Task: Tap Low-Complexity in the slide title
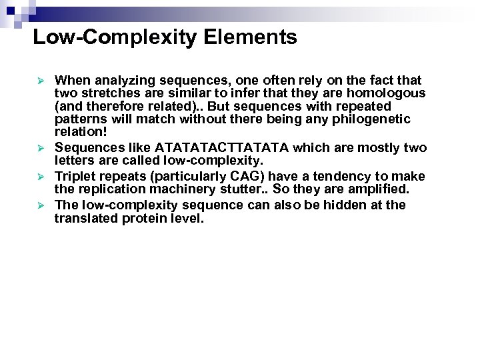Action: (x=115, y=37)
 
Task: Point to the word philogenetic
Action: (x=375, y=119)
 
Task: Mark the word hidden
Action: (x=347, y=205)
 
